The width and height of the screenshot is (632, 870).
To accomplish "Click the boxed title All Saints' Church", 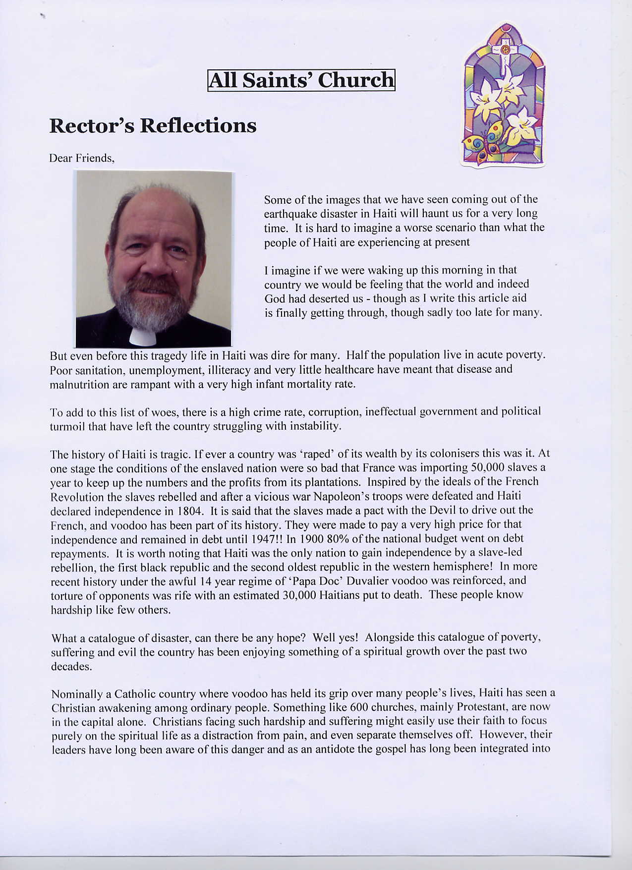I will point(301,80).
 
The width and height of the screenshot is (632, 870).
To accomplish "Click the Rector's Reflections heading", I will point(153,125).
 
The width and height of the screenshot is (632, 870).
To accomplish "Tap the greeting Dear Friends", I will point(82,158).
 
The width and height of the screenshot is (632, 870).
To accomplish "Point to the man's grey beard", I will point(144,302).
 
